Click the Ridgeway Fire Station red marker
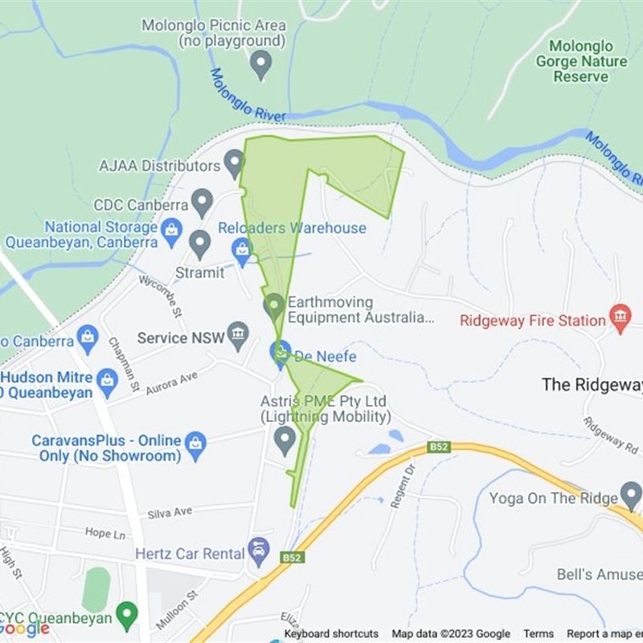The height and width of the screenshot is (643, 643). point(620,318)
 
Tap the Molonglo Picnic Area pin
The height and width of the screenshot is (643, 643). point(260,64)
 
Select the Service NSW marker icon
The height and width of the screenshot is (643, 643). point(238,336)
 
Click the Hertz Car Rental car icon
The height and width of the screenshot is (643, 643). point(259,551)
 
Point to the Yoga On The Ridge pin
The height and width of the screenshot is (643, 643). point(631,496)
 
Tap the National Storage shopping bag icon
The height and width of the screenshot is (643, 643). point(171,233)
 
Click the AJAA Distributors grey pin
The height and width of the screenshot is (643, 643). point(234,163)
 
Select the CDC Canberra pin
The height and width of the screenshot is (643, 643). point(202,203)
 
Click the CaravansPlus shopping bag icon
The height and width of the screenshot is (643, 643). point(195,442)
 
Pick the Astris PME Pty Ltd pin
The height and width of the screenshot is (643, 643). point(285,440)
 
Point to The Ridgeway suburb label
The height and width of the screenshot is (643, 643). point(592,384)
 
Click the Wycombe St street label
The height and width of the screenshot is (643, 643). point(161,294)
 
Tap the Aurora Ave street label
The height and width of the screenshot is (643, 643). point(171,378)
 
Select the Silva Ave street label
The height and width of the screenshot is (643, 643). point(170,512)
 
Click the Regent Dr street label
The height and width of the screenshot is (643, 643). point(400,487)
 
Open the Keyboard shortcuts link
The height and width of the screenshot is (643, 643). point(331,633)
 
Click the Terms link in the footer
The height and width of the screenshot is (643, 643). point(539,633)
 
